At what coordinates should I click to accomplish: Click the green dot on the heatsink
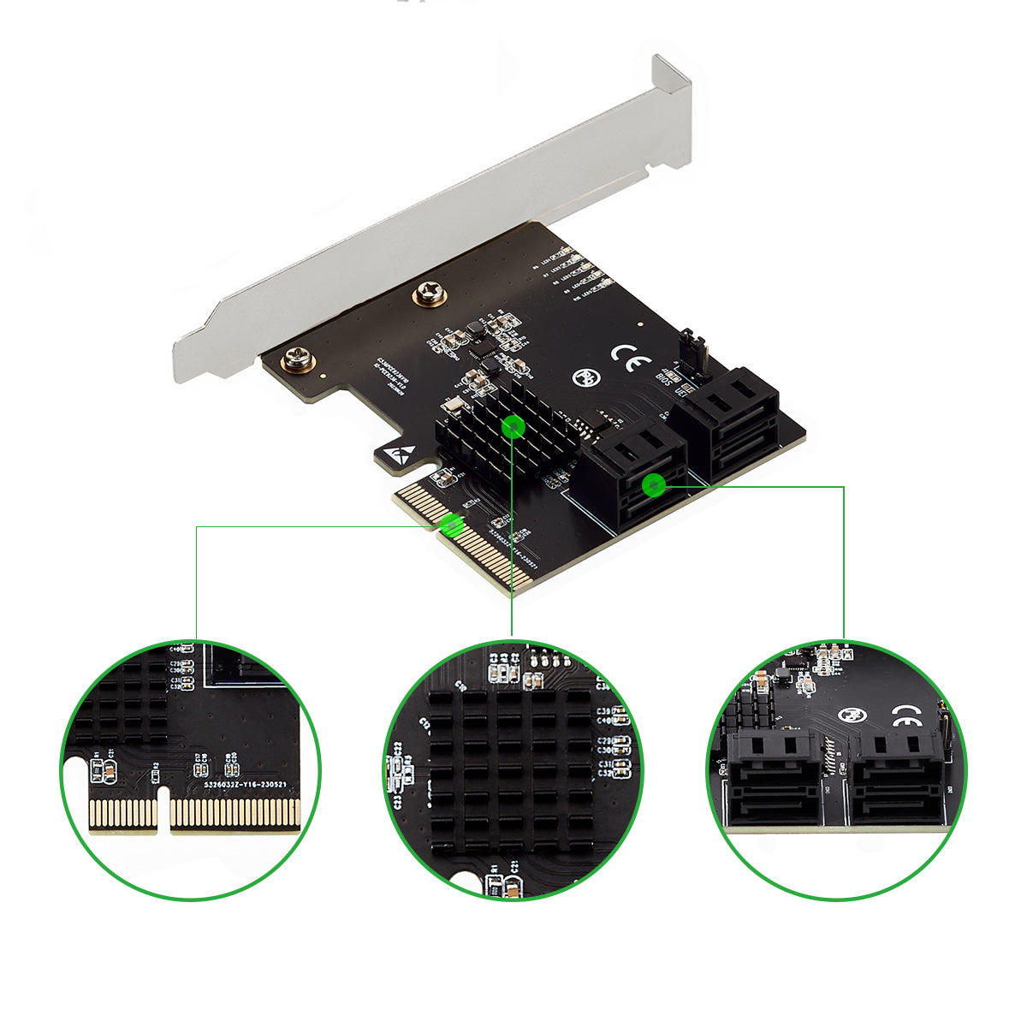[513, 425]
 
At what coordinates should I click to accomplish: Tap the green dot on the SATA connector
[654, 485]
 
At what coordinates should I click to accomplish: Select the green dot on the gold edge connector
[452, 525]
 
